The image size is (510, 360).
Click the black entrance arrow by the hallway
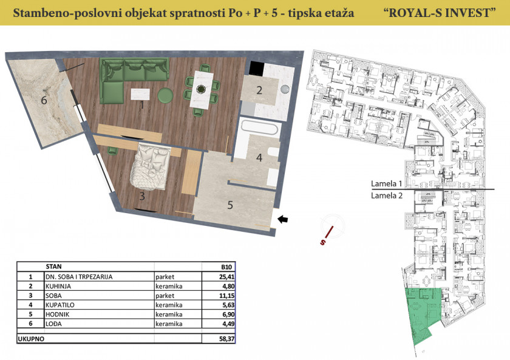[284, 220]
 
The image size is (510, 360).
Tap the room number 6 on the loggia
[44, 100]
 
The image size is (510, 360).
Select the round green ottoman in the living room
[165, 95]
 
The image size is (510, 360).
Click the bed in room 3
[151, 166]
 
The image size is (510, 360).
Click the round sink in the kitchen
[285, 89]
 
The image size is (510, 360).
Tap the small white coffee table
[140, 94]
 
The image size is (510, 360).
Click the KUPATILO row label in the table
[60, 305]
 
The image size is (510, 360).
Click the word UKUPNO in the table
[31, 339]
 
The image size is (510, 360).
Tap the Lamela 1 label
[387, 184]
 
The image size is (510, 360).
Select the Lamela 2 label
[387, 195]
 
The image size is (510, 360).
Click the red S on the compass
[322, 242]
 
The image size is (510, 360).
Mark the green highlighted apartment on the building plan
[423, 312]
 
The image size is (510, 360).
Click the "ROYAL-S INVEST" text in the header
[440, 13]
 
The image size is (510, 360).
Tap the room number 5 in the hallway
[230, 205]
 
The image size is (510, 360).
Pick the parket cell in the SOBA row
[165, 296]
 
